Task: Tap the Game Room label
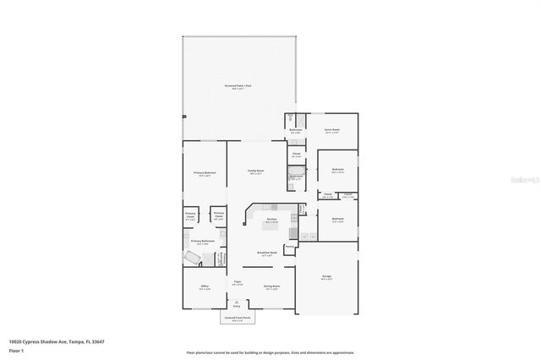(332, 131)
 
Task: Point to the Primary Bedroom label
(205, 173)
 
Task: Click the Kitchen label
(271, 220)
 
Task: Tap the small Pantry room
(289, 248)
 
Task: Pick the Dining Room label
(271, 286)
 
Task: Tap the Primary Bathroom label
(202, 242)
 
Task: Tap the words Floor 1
(16, 349)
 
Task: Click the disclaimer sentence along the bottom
(270, 352)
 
